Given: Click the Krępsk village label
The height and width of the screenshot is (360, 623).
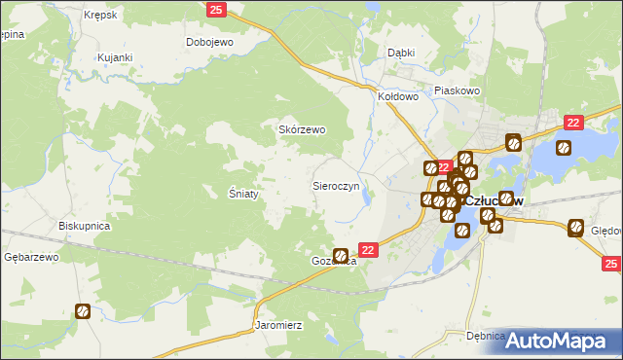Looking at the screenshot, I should tap(100, 17).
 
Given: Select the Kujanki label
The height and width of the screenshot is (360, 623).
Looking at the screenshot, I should tap(114, 58).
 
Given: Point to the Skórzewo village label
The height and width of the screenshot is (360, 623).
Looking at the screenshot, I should tap(303, 129).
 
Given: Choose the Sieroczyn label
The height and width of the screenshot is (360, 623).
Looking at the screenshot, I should tap(336, 184).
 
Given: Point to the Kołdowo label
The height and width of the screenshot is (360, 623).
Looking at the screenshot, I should tap(398, 97).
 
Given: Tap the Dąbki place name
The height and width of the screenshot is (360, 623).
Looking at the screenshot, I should tap(401, 53).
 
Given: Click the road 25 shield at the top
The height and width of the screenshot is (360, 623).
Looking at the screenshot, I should tap(216, 9).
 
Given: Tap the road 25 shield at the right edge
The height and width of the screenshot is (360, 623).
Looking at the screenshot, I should tap(611, 263).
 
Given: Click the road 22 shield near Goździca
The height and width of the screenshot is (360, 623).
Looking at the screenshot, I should tap(368, 249).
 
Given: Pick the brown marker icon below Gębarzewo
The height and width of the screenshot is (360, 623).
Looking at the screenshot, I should tap(84, 311).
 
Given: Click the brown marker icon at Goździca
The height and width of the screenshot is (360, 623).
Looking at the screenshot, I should tap(341, 256).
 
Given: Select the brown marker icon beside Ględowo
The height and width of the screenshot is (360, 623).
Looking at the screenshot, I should tap(575, 230).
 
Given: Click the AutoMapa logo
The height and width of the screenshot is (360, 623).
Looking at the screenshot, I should tap(559, 340).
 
